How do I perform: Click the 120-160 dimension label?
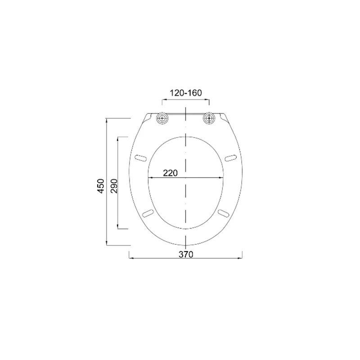(x=186, y=93)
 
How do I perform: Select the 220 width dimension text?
(x=171, y=173)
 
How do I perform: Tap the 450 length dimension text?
(x=101, y=186)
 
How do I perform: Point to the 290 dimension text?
(x=114, y=186)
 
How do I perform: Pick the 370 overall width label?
(x=186, y=254)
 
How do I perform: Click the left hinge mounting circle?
(x=162, y=118)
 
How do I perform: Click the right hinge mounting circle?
(x=209, y=118)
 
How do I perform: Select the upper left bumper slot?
(x=141, y=158)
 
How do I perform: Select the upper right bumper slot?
(x=230, y=158)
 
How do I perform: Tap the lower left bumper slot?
(x=148, y=213)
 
